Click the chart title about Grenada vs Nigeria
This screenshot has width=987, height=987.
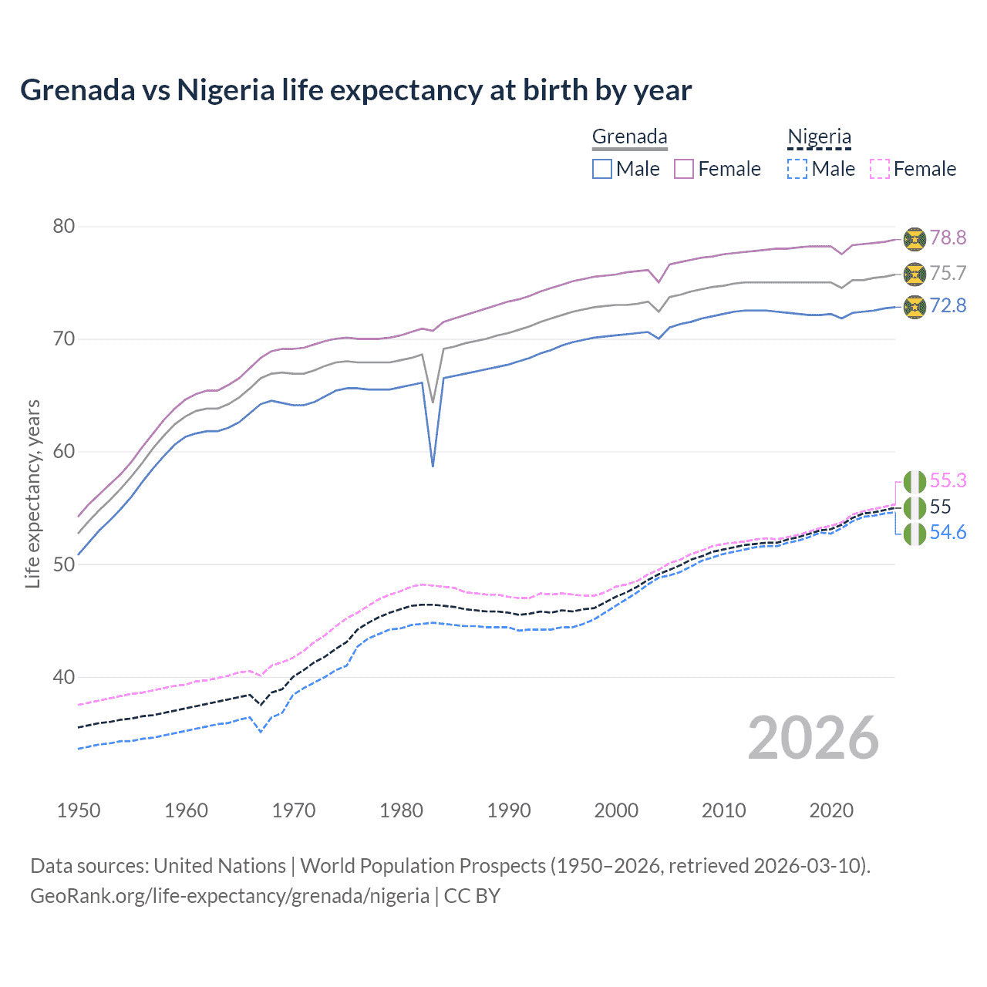point(355,90)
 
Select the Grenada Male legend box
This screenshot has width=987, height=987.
point(602,169)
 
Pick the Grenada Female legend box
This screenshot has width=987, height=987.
point(684,169)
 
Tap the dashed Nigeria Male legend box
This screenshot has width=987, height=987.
point(797,169)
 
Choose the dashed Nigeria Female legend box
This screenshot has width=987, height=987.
point(880,169)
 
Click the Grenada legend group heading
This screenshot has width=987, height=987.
point(629,137)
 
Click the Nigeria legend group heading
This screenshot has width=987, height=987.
point(819,137)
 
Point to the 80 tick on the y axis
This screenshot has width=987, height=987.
point(64,227)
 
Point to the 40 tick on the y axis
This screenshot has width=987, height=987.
point(64,678)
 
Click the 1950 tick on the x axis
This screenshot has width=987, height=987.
point(79,810)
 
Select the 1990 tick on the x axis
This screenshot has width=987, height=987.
point(509,810)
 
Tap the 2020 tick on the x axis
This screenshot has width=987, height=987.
point(831,810)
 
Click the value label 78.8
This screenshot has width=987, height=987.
point(948,237)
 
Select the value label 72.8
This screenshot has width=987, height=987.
point(948,306)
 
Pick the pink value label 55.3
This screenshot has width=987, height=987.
point(948,481)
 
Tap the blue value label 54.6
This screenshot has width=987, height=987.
point(948,533)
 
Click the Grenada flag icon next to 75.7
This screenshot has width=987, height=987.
point(915,274)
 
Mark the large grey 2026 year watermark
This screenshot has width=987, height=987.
point(814,738)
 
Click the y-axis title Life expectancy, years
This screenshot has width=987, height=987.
point(33,493)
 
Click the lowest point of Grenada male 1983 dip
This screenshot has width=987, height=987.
point(433,467)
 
